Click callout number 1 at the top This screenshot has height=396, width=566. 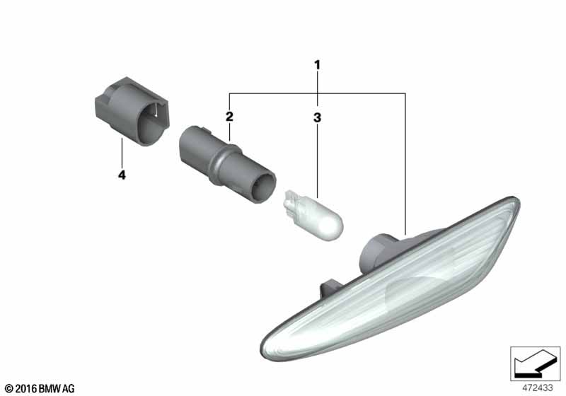317,65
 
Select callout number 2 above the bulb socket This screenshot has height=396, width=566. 229,117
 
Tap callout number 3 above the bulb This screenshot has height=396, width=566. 317,117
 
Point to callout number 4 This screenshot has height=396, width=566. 122,175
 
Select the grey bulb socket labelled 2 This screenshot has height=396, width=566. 227,164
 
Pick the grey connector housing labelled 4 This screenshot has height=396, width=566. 132,111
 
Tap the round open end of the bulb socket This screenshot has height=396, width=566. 263,187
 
